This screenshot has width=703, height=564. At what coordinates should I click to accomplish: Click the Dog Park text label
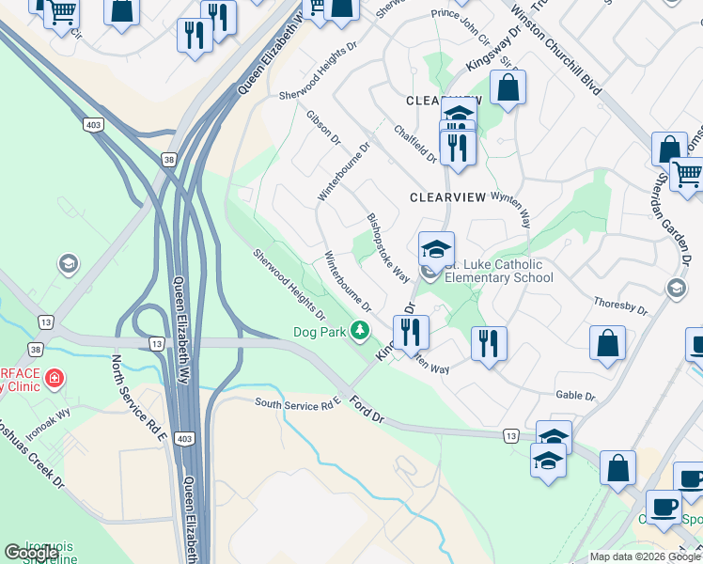[319, 331]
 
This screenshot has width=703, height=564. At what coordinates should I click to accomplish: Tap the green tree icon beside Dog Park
[359, 330]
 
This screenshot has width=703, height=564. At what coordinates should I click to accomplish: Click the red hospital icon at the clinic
[55, 379]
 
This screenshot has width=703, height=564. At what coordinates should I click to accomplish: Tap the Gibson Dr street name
[322, 126]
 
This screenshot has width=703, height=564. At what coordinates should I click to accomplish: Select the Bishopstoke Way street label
[387, 247]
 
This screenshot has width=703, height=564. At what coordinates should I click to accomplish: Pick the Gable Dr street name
[575, 396]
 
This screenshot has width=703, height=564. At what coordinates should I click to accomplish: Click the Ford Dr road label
[369, 409]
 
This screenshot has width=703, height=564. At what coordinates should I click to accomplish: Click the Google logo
[32, 553]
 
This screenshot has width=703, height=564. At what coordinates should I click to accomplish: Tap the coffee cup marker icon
[664, 505]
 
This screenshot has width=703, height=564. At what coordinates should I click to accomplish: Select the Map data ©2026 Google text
[645, 556]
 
